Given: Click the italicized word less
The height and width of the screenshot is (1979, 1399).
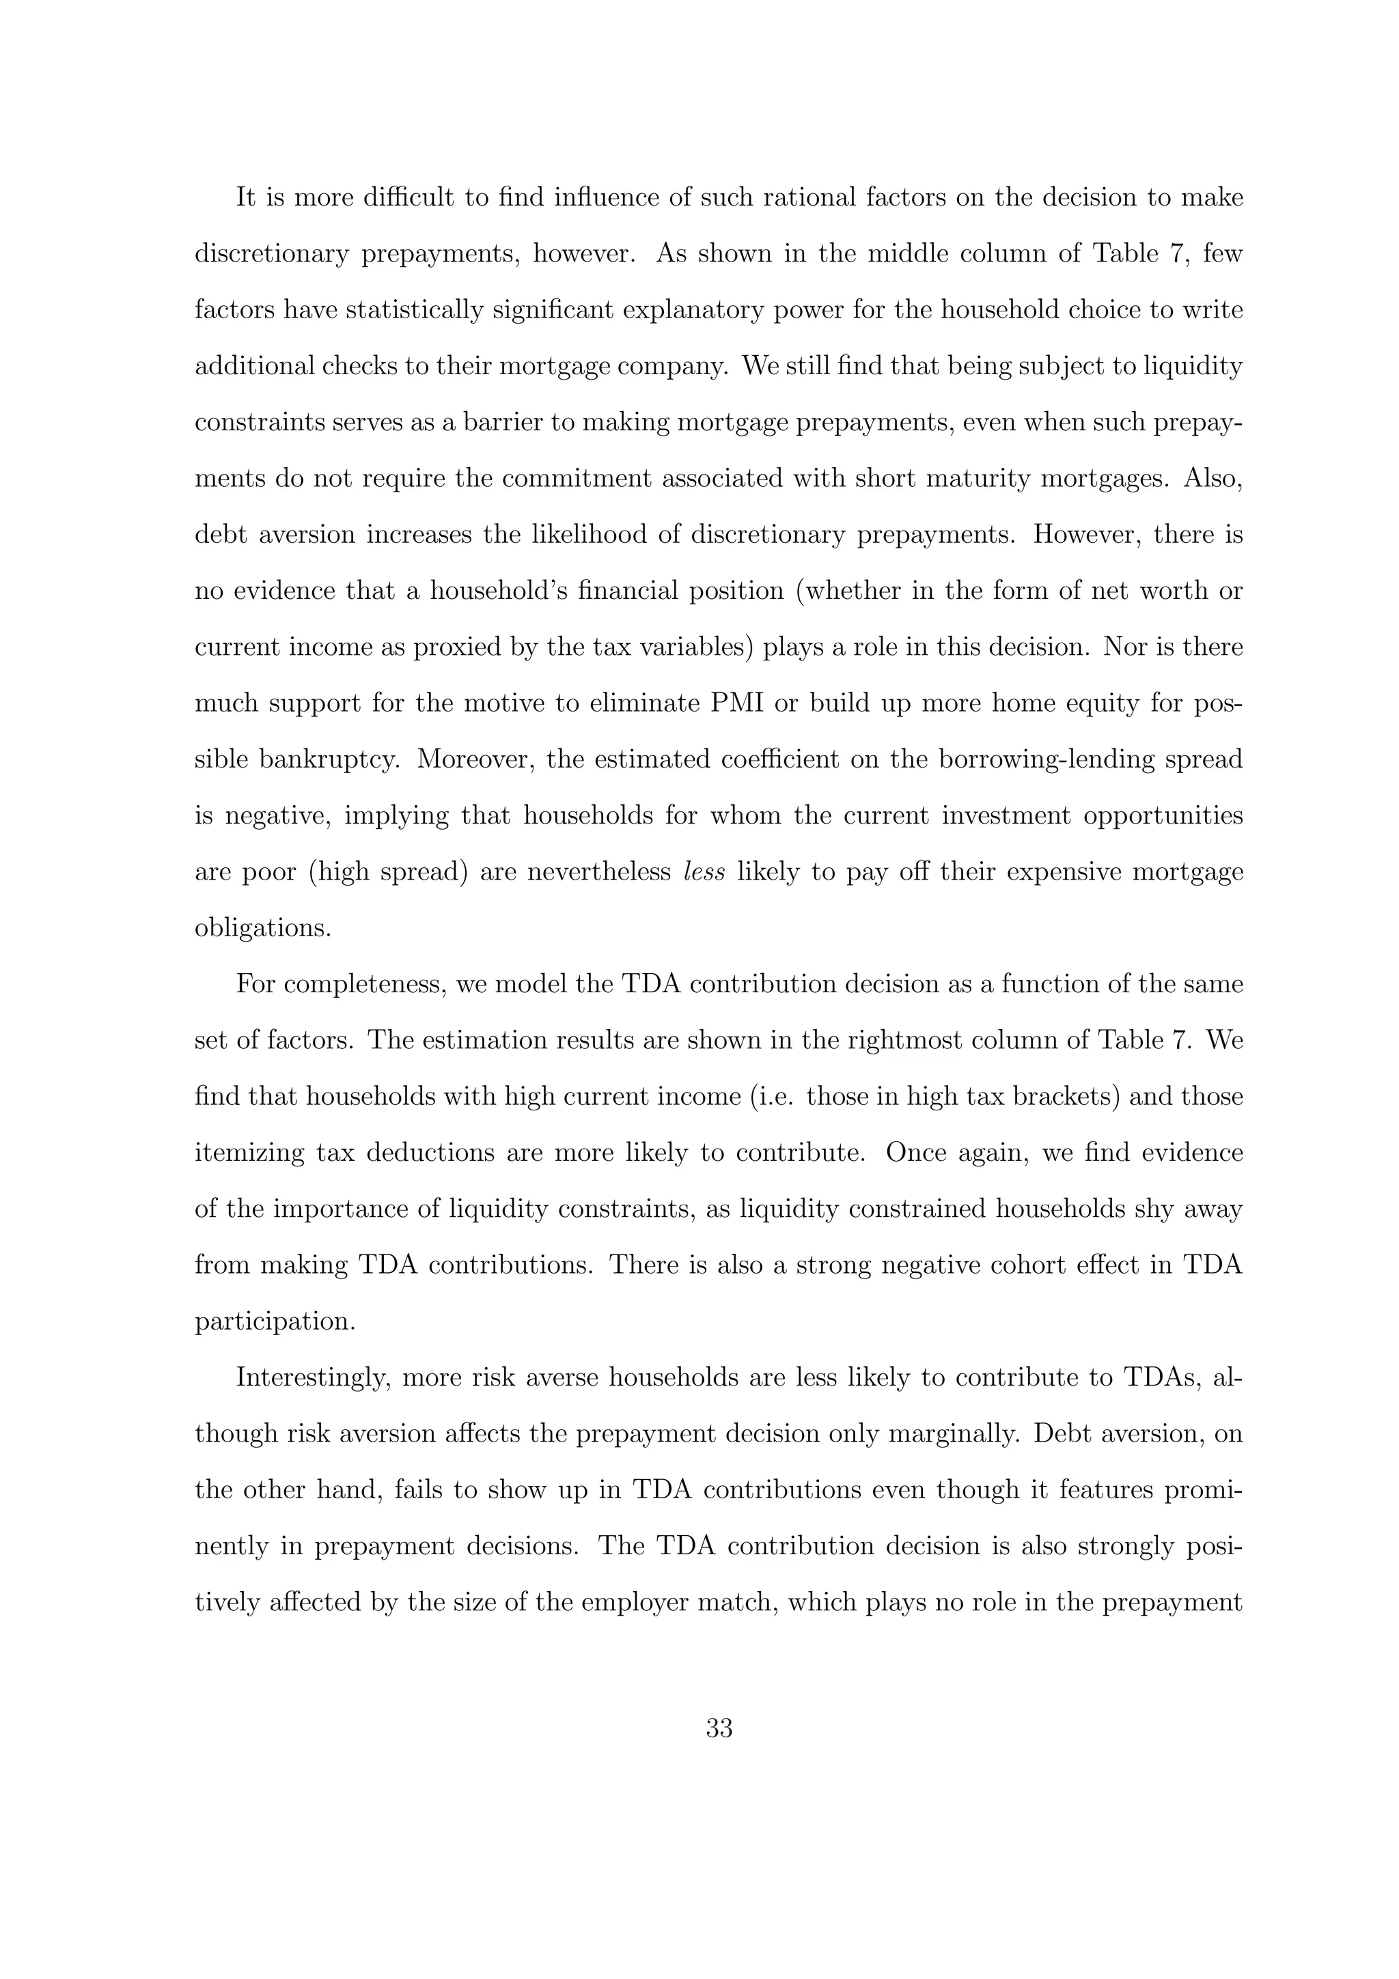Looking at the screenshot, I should (x=704, y=872).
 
